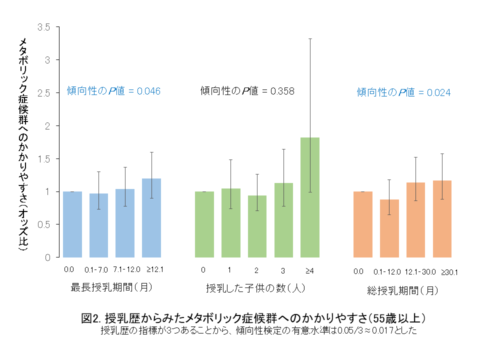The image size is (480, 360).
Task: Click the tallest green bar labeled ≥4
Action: (x=309, y=197)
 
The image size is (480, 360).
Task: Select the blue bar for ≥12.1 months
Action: (x=151, y=218)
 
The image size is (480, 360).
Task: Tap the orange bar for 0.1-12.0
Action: (x=389, y=228)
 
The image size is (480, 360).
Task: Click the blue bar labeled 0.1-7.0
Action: (x=98, y=225)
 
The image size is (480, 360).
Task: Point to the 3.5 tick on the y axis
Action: (x=44, y=27)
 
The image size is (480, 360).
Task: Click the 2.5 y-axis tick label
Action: (x=44, y=93)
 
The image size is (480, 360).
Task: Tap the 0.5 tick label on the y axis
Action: (x=44, y=224)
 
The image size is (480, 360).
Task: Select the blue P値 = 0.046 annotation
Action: (x=113, y=91)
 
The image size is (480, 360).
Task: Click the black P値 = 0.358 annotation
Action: (x=247, y=91)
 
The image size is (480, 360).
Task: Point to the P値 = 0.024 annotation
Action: (x=403, y=92)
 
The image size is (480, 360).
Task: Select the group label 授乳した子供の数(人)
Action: (x=255, y=288)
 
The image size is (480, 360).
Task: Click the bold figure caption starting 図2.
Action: (x=254, y=318)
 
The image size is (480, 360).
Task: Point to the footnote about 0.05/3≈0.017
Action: (x=258, y=330)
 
